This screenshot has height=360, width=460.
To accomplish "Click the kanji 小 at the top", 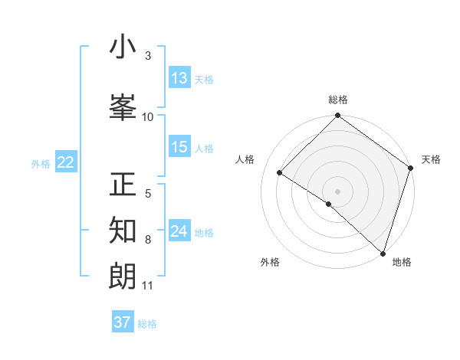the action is pos(123,47).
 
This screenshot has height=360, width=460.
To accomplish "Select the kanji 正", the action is pos(123,185).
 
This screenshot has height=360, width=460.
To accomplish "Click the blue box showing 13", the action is pos(179,78).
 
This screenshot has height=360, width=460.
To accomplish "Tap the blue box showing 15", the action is pos(179,147).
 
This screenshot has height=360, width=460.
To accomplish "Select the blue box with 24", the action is pos(179,231).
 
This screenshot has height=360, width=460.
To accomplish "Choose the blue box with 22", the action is pos(66,162).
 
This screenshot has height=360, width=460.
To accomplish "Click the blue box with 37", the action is pos(123,322).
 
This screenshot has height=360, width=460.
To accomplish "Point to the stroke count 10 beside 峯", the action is pos(148,116).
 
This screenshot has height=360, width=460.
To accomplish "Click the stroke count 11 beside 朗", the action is pos(148,286).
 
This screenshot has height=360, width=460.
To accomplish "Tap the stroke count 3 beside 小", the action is pos(148,56).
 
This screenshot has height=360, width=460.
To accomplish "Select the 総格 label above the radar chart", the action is pos(337,100).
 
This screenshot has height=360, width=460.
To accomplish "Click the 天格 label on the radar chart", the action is pos(431,159).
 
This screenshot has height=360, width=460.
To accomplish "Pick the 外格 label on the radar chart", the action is pos(270,262).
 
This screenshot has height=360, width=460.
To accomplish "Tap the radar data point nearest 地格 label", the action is pos(383,253).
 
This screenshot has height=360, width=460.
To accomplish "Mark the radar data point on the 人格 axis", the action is pos(280,173).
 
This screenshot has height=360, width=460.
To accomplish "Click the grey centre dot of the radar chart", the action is pos(337,191).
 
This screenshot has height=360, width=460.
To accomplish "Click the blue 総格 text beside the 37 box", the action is pos(147,324).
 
